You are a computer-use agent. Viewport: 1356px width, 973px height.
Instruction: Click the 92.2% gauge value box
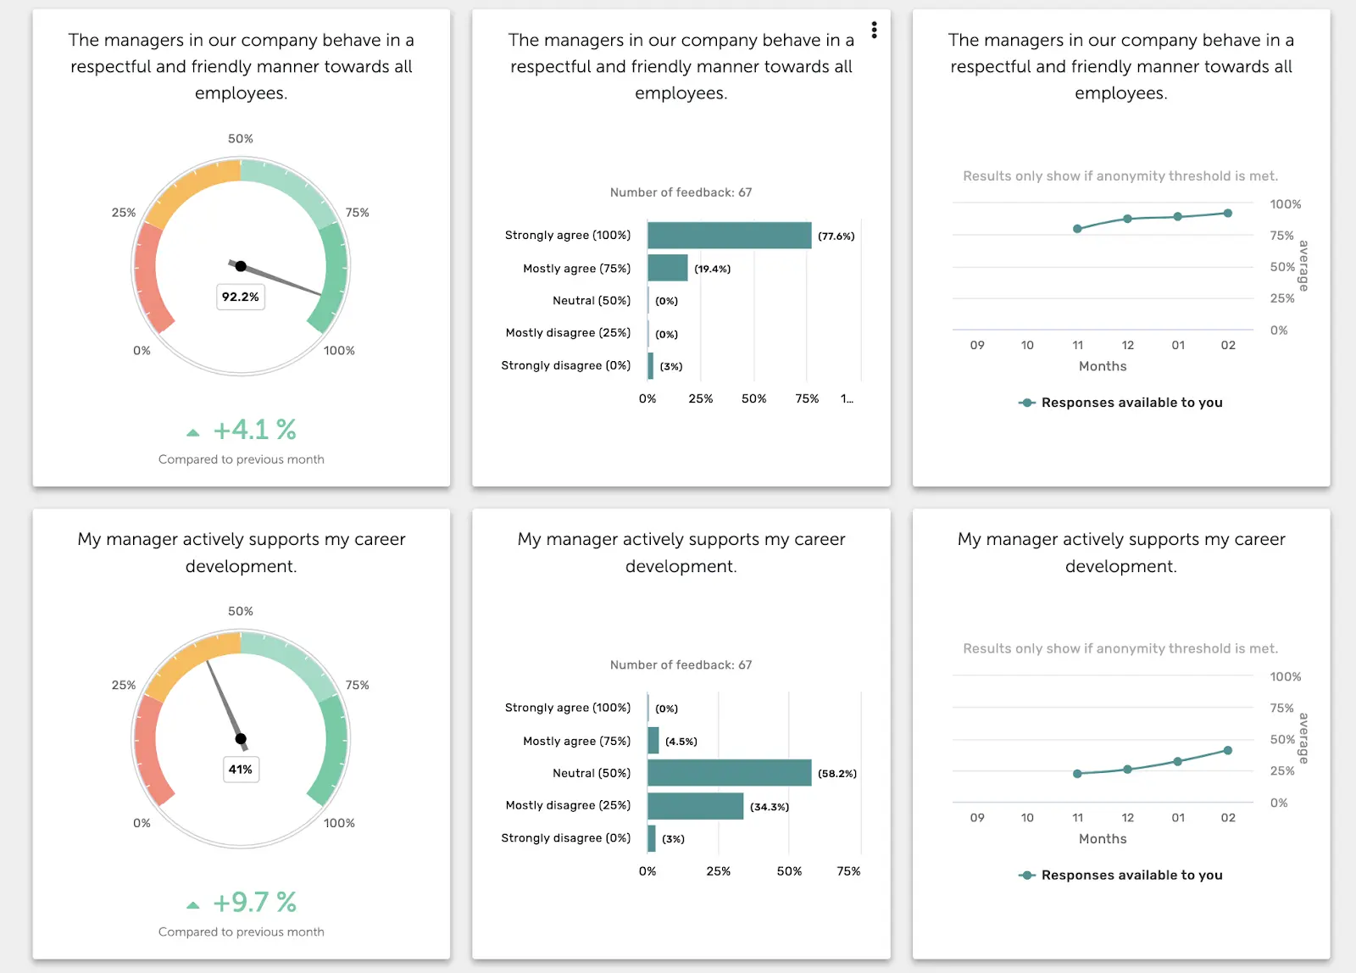pyautogui.click(x=241, y=297)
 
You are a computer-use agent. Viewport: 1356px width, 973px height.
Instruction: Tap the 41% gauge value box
pyautogui.click(x=241, y=770)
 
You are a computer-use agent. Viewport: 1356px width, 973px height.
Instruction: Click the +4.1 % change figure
pyautogui.click(x=253, y=430)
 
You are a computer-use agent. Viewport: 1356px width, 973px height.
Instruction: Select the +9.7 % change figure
pyautogui.click(x=253, y=903)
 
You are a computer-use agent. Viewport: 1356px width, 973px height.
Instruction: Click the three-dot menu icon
pyautogui.click(x=874, y=31)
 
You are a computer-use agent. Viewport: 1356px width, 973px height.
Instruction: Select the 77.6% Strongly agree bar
pyautogui.click(x=729, y=236)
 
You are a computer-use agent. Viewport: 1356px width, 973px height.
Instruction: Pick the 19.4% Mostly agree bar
pyautogui.click(x=667, y=268)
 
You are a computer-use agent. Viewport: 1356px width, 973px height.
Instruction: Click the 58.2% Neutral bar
pyautogui.click(x=729, y=773)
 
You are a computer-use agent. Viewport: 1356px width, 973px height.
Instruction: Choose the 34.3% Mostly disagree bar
pyautogui.click(x=695, y=806)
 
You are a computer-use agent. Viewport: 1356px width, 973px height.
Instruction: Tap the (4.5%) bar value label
pyautogui.click(x=681, y=742)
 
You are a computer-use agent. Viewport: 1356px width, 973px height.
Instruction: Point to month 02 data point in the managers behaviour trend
pyautogui.click(x=1228, y=214)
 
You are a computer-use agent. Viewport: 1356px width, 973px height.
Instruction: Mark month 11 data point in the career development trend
pyautogui.click(x=1077, y=774)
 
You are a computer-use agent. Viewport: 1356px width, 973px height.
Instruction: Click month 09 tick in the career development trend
pyautogui.click(x=977, y=818)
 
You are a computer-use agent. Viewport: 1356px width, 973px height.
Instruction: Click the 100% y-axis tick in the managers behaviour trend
pyautogui.click(x=1285, y=204)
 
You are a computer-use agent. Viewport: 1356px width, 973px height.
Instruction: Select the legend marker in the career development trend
pyautogui.click(x=1027, y=876)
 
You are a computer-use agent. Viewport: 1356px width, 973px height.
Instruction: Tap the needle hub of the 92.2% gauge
pyautogui.click(x=241, y=266)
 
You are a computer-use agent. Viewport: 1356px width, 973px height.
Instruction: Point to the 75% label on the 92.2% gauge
pyautogui.click(x=357, y=213)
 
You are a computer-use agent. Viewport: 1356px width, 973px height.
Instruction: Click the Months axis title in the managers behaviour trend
pyautogui.click(x=1103, y=366)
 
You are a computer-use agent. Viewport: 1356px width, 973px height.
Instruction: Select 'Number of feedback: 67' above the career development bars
pyautogui.click(x=681, y=665)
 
